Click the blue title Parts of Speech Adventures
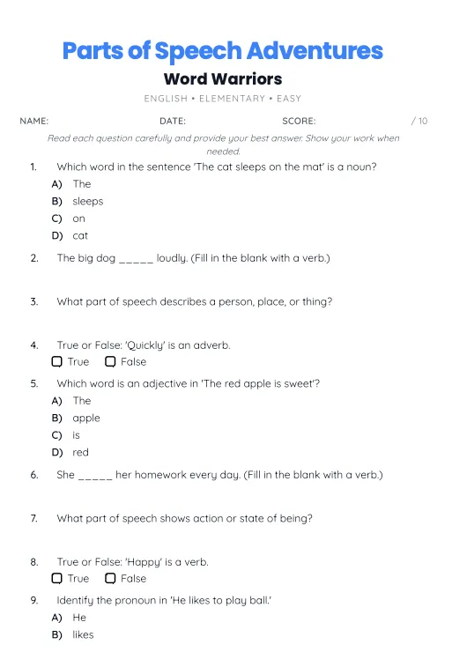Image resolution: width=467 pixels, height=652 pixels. pyautogui.click(x=223, y=50)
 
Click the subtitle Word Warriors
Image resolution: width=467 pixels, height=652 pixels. pyautogui.click(x=223, y=79)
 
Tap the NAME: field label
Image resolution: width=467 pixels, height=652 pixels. pyautogui.click(x=33, y=121)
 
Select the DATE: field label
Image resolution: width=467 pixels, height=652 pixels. pyautogui.click(x=173, y=121)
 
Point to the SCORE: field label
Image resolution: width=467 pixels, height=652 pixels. pyautogui.click(x=299, y=121)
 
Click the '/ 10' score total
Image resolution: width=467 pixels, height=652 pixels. pyautogui.click(x=419, y=121)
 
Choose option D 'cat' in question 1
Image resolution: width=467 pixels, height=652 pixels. pyautogui.click(x=80, y=235)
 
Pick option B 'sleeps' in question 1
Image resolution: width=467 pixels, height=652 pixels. pyautogui.click(x=87, y=201)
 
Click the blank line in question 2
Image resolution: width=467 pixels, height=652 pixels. pyautogui.click(x=136, y=260)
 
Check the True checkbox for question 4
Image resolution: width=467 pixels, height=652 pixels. pyautogui.click(x=57, y=361)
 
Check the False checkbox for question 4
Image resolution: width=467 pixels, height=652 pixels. pyautogui.click(x=110, y=361)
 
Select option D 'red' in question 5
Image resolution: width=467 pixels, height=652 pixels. pyautogui.click(x=80, y=452)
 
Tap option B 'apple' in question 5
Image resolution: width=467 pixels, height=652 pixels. pyautogui.click(x=86, y=418)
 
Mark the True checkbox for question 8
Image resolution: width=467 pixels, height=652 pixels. pyautogui.click(x=57, y=578)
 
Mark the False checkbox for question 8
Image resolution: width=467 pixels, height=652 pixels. pyautogui.click(x=110, y=578)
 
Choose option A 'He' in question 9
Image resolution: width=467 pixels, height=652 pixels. pyautogui.click(x=79, y=618)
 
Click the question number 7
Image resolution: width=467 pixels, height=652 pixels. pyautogui.click(x=33, y=518)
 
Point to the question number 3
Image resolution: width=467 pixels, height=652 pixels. pyautogui.click(x=33, y=301)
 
